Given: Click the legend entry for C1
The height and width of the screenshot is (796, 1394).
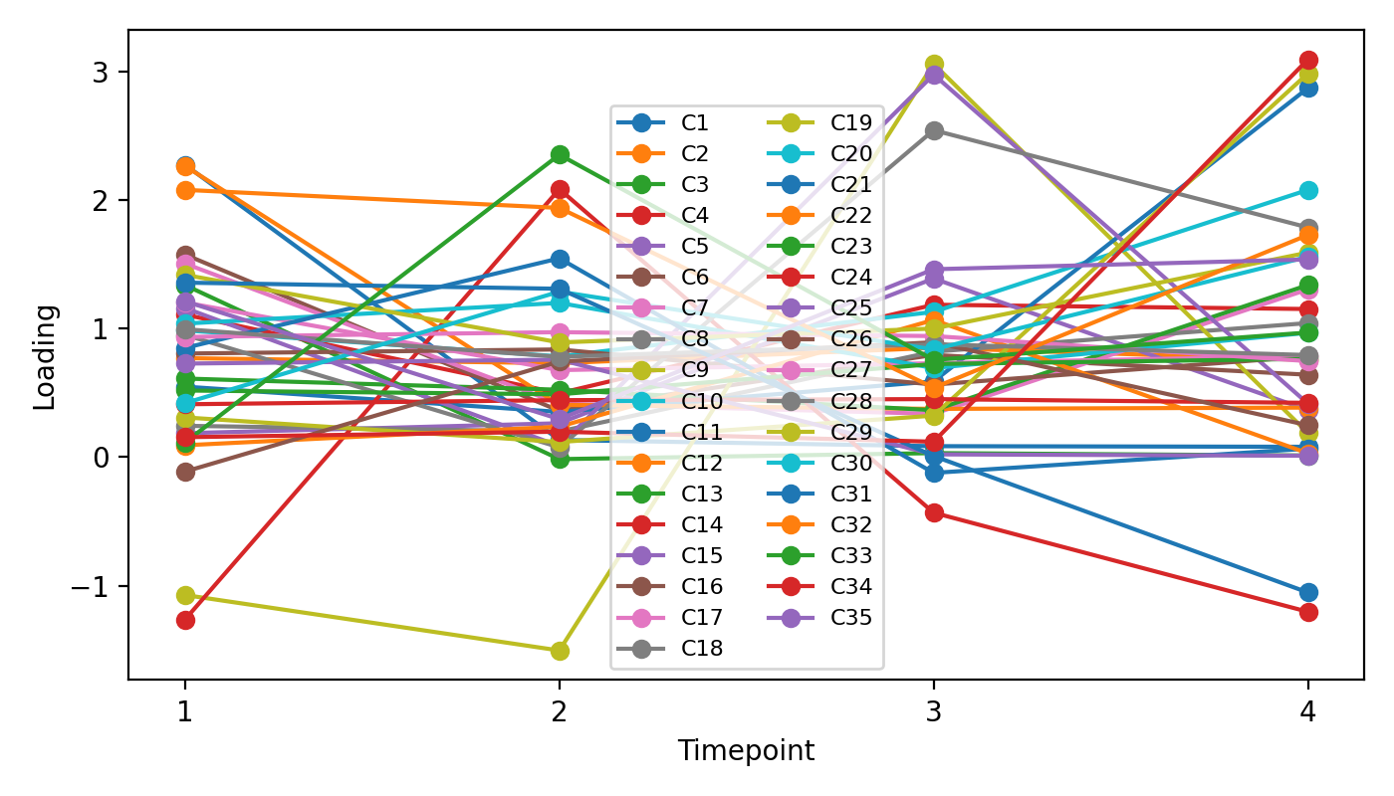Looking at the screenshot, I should (695, 123).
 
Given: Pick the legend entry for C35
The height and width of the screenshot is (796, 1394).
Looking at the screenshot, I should (851, 617).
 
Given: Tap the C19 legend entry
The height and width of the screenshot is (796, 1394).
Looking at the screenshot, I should (851, 123).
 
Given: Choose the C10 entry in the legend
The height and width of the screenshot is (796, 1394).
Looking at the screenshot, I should (699, 401).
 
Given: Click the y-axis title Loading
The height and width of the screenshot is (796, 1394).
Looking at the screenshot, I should (45, 356).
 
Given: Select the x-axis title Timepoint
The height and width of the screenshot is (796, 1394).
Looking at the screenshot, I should (746, 751).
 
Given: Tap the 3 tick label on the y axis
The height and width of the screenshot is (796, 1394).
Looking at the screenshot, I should (107, 73).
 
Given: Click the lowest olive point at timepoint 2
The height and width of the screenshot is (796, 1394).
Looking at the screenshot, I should (559, 651).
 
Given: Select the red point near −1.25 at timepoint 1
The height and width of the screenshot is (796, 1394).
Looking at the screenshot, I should (185, 620).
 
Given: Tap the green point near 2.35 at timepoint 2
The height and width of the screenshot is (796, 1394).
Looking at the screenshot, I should (560, 154).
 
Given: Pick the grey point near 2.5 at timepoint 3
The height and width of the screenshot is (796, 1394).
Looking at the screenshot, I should (934, 130).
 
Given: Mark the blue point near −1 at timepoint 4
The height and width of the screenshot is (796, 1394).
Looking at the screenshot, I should (1308, 592).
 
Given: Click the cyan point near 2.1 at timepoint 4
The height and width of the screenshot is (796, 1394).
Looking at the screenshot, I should (1308, 190).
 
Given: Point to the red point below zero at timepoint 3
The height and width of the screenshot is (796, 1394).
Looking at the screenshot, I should (934, 512).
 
